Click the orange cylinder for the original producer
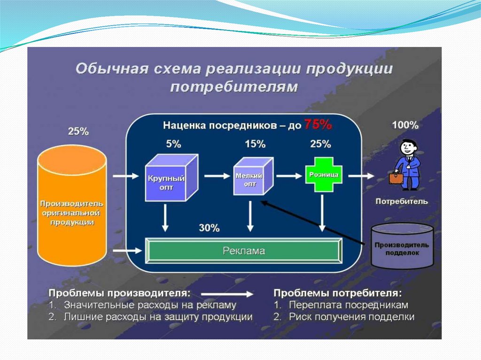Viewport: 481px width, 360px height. (72, 207)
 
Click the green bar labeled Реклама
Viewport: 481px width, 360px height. (243, 251)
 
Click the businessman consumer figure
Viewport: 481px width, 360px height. (407, 164)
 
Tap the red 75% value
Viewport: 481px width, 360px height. (318, 124)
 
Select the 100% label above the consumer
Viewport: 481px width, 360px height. (405, 125)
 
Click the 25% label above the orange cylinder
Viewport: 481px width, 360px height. (78, 131)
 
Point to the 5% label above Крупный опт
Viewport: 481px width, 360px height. (173, 144)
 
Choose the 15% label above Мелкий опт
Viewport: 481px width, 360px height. (255, 144)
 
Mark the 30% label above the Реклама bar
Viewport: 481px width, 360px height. (209, 228)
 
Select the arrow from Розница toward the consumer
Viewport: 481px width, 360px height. (362, 176)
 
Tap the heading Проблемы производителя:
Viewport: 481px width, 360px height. (120, 293)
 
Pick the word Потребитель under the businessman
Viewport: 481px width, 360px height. (402, 201)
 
